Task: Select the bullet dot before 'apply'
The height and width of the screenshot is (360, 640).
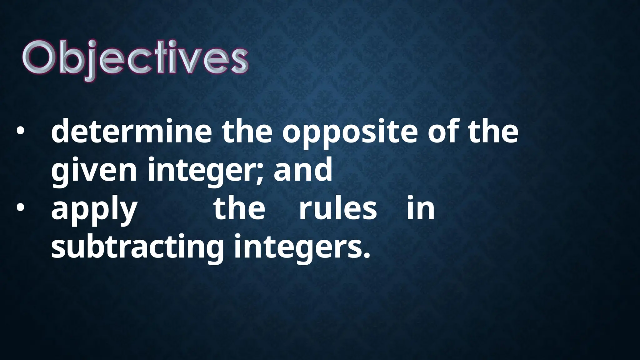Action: [x=20, y=209]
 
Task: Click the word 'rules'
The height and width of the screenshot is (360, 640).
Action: [x=337, y=208]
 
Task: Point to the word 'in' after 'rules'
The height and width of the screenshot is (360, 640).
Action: [x=421, y=208]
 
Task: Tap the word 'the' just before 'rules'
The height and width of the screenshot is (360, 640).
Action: [x=239, y=208]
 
